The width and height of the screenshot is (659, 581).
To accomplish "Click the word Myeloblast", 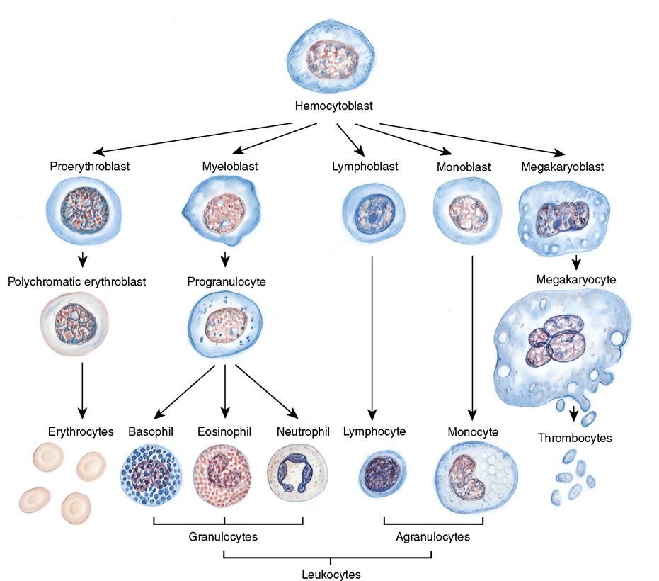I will (225, 167).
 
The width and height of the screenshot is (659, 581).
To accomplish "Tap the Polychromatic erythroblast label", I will (77, 281).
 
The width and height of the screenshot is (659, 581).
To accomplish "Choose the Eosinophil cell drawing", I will (223, 474).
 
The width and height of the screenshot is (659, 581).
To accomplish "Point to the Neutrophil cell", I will (297, 473).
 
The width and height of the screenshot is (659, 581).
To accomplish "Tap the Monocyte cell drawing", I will (473, 478).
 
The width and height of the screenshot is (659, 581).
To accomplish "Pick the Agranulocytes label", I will (434, 537).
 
